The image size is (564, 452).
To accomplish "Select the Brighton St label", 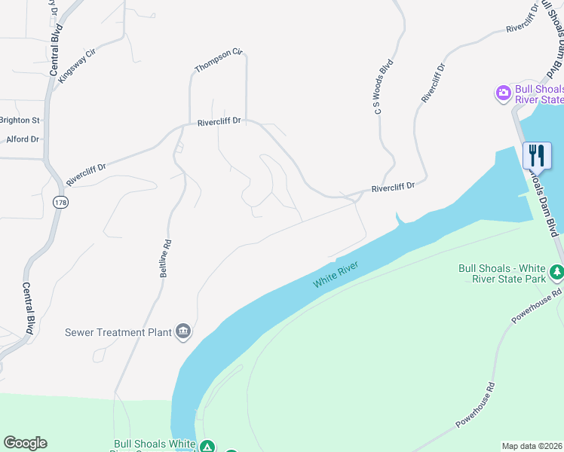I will (x=20, y=120).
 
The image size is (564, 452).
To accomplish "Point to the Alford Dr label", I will (x=22, y=139).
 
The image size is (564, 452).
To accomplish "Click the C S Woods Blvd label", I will (x=385, y=88).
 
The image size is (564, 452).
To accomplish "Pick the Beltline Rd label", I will (x=166, y=258).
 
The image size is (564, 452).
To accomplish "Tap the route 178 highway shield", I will (x=61, y=202).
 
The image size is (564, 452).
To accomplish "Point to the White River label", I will (x=336, y=273).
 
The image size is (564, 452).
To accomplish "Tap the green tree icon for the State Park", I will (x=556, y=270).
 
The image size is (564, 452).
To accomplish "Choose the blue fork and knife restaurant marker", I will (x=537, y=155).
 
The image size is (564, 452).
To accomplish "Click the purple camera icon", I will (x=503, y=93).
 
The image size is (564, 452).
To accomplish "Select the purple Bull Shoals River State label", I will (x=538, y=94).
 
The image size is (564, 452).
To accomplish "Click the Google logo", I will (x=25, y=443).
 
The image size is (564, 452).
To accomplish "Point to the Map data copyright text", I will (x=532, y=446).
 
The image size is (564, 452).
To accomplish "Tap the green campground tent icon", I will (x=207, y=447).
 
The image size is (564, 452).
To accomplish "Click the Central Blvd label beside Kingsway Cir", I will (x=54, y=53).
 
